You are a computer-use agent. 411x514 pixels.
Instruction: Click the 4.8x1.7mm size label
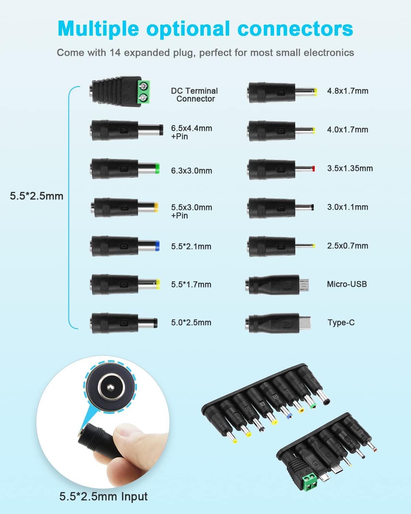point(348,91)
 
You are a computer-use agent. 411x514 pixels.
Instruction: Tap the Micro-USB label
point(347,284)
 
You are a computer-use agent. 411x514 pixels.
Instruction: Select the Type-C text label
point(341,323)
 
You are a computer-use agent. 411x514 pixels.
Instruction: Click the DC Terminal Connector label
point(195,95)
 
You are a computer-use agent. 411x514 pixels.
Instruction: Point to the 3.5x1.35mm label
point(350,168)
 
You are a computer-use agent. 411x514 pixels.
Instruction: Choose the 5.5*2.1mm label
point(191,246)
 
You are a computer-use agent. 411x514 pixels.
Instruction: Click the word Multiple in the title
point(98,29)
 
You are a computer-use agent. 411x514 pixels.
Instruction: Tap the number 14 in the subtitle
point(115,53)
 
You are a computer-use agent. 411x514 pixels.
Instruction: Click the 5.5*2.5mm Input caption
point(103,496)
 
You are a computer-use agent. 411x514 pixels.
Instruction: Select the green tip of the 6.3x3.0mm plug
point(157,168)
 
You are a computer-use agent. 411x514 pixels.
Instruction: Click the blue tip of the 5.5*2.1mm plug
point(158,246)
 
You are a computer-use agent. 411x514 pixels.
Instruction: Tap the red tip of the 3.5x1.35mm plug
point(314,169)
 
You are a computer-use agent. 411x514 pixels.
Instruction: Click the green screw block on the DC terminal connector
point(144,92)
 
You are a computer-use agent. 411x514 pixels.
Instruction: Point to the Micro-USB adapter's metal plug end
point(304,285)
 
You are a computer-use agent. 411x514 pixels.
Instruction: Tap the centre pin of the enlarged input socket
point(110,387)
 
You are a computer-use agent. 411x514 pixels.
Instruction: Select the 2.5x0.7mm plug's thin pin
point(305,246)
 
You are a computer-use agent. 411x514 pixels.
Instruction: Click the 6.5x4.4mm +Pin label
point(191,132)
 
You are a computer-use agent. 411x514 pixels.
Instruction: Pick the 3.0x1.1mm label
point(348,207)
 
